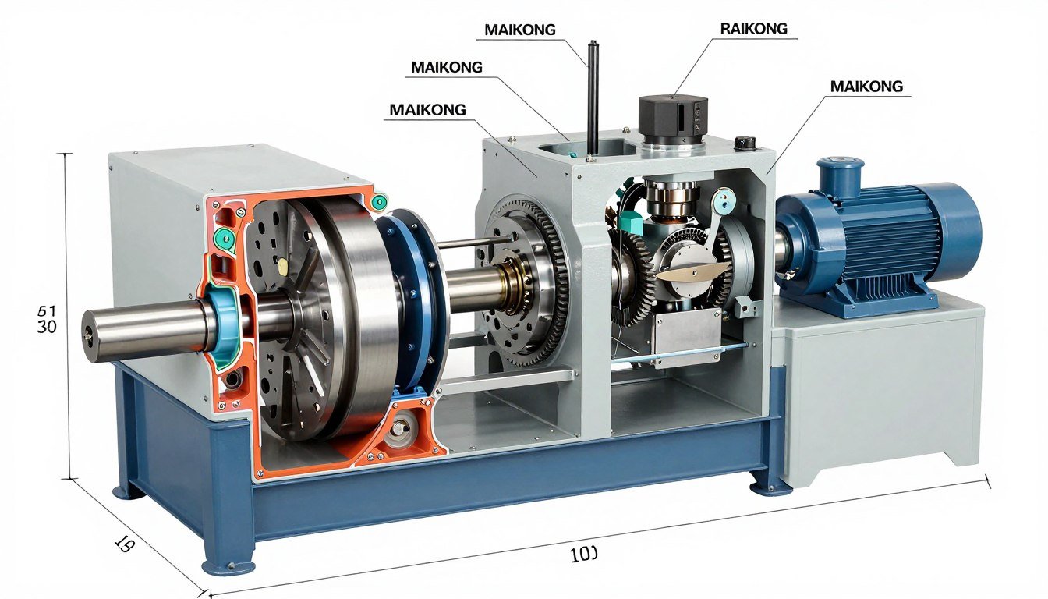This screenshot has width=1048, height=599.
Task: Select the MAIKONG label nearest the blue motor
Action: click(x=866, y=86)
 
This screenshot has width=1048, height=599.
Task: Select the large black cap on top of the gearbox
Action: click(x=672, y=115)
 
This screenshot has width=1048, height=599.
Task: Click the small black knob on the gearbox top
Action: click(x=745, y=144)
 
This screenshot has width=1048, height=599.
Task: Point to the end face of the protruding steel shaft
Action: click(x=92, y=336)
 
